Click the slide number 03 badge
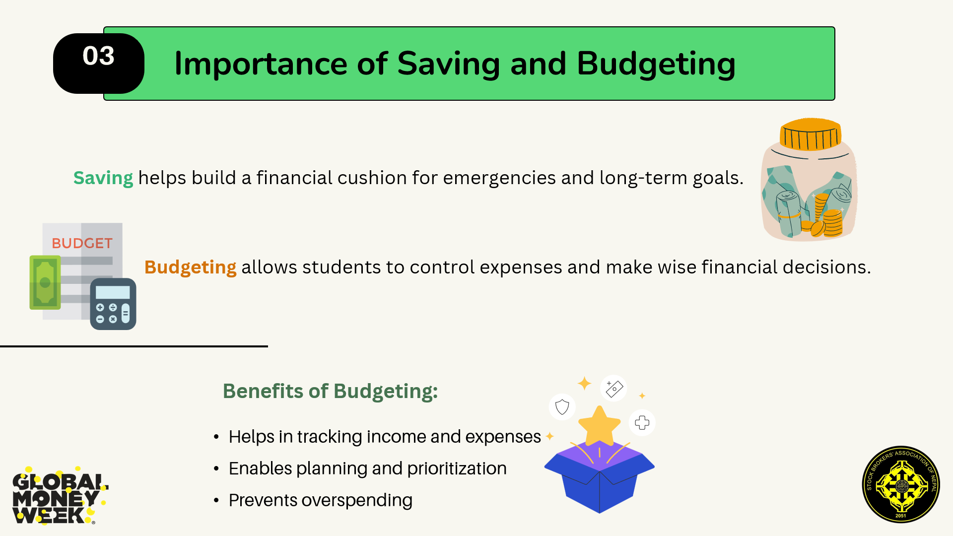[x=99, y=63]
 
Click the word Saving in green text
[x=103, y=178]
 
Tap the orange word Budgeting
[x=190, y=268]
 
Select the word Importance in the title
[x=261, y=64]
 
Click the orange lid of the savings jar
[x=811, y=134]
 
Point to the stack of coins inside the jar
[x=829, y=218]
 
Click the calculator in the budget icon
[x=113, y=304]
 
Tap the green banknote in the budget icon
[x=45, y=282]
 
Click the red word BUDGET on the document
[x=82, y=243]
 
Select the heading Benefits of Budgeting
[x=330, y=391]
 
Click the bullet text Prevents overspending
[x=320, y=500]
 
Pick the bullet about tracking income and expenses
[x=385, y=437]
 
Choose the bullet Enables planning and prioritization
[x=367, y=469]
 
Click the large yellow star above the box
[x=600, y=426]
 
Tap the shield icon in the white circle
[x=562, y=407]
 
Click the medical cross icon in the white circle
[x=642, y=423]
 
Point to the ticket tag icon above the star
[x=614, y=388]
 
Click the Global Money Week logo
[x=60, y=495]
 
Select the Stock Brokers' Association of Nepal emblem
[x=901, y=484]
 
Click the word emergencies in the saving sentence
[x=499, y=178]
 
